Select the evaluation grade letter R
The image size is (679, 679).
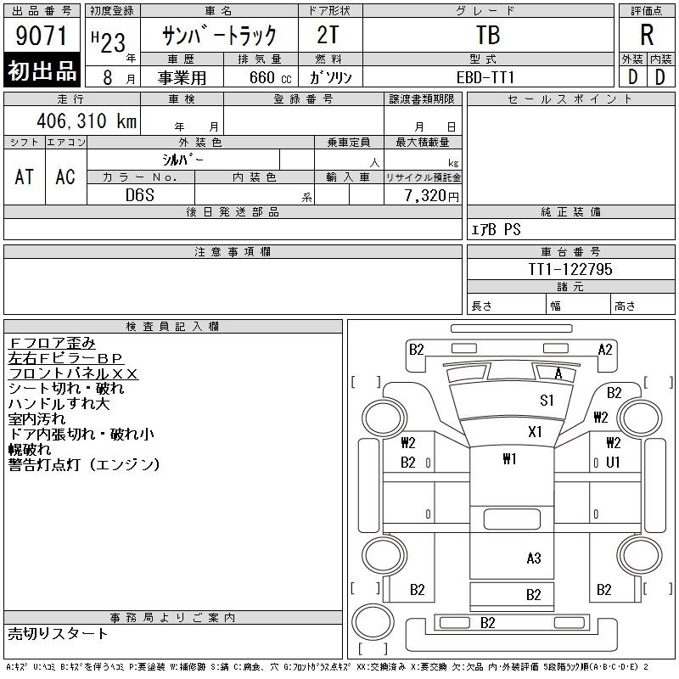click(x=647, y=36)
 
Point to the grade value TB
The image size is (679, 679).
click(x=487, y=36)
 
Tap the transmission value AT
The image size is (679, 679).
click(x=24, y=177)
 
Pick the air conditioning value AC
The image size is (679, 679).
click(x=65, y=177)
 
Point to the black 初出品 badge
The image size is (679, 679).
click(x=42, y=72)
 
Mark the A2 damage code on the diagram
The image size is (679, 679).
click(x=605, y=349)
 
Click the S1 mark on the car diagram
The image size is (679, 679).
click(x=547, y=401)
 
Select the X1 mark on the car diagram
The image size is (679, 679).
click(x=535, y=431)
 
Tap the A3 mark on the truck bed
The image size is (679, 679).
click(x=533, y=558)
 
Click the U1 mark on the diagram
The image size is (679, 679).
click(x=613, y=463)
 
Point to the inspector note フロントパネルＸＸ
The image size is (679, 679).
click(x=73, y=373)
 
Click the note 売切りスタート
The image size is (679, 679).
click(x=59, y=633)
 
